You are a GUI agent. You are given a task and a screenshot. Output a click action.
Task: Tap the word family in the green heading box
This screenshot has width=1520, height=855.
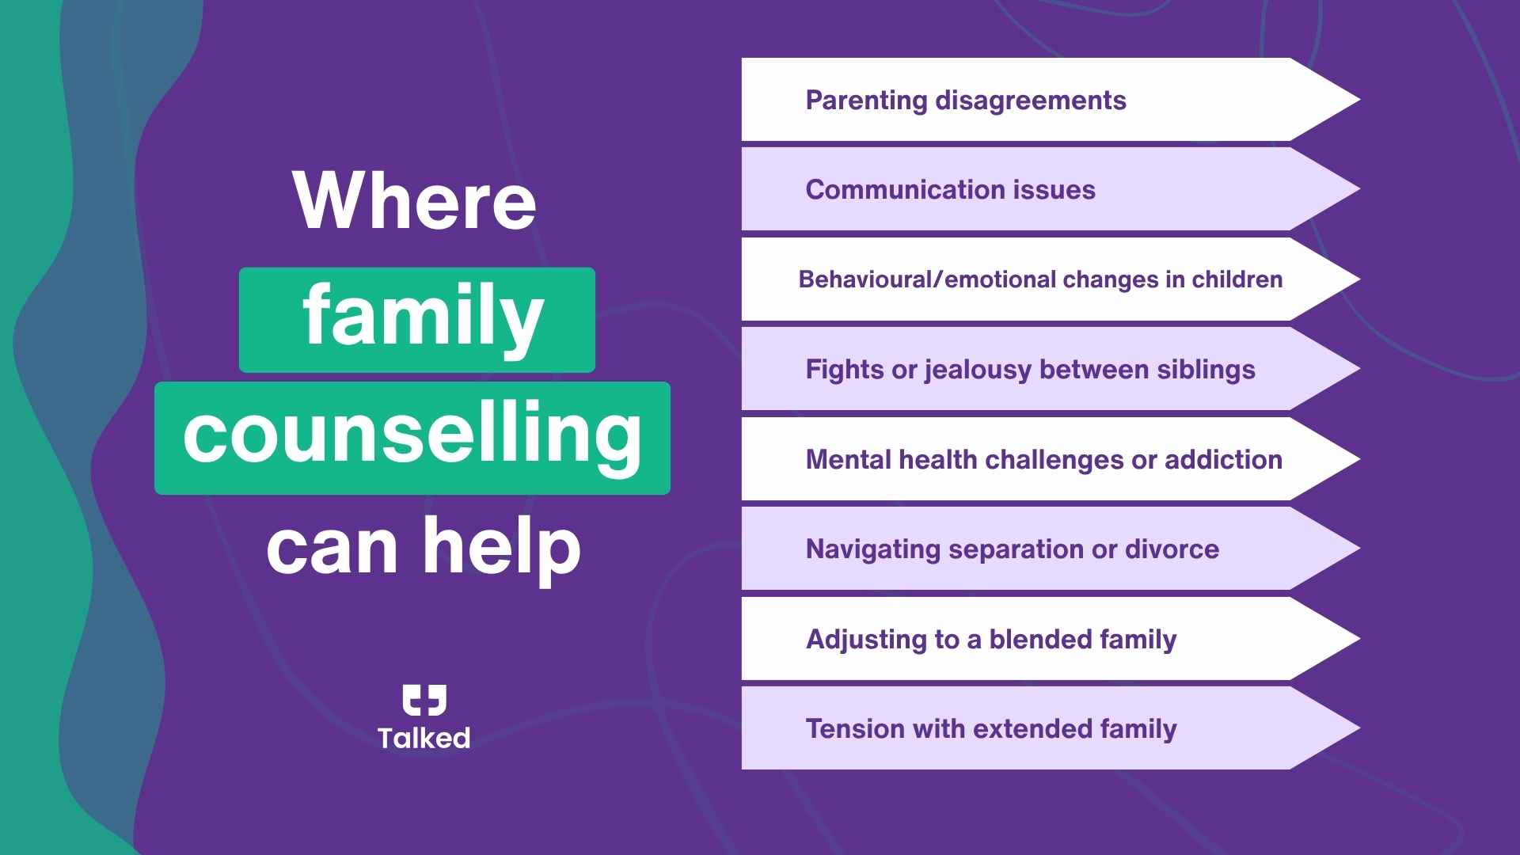(x=423, y=318)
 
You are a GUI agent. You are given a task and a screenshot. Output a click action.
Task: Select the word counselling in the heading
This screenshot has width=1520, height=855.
(x=412, y=435)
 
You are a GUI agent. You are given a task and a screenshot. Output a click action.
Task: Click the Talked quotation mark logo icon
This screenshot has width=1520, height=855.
(x=424, y=700)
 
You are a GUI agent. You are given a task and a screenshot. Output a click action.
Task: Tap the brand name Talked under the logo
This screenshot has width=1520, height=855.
(x=424, y=738)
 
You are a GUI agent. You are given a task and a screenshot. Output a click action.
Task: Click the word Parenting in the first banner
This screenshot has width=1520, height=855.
(x=866, y=101)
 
